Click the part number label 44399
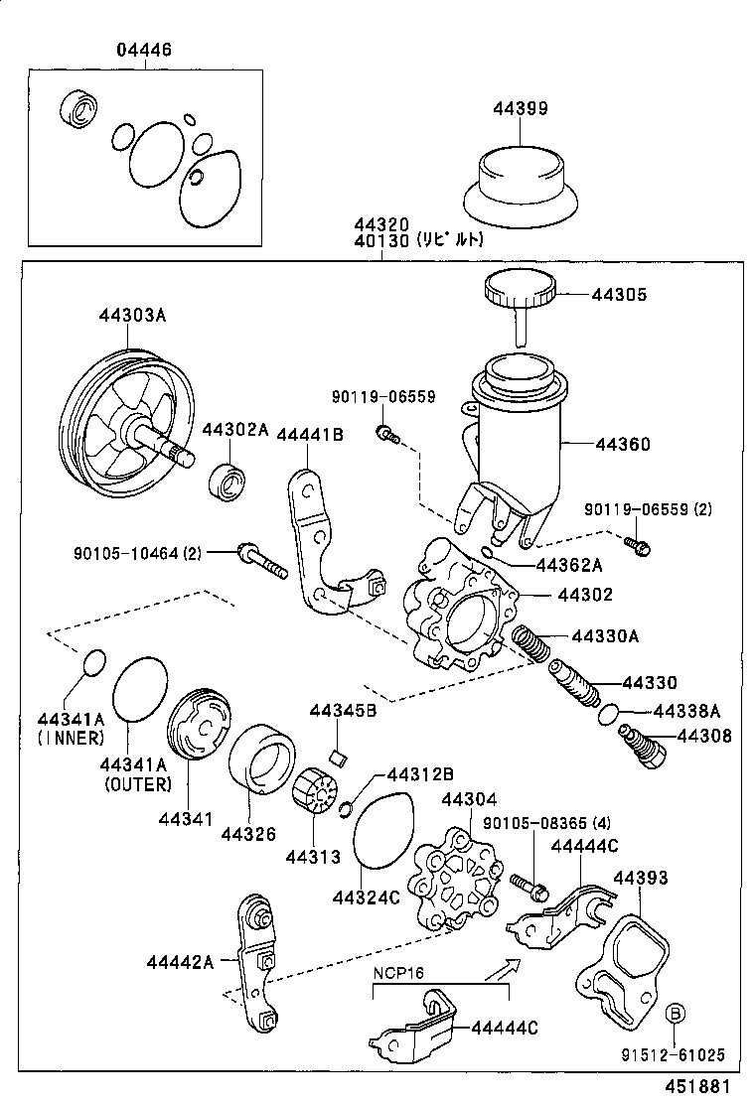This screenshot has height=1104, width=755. [x=520, y=108]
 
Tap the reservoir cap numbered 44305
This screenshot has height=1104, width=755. [x=519, y=290]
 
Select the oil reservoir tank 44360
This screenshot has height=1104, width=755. [x=520, y=437]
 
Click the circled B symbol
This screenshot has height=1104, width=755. [x=675, y=1013]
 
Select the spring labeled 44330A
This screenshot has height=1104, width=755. [x=531, y=647]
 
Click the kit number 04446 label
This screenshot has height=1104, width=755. [x=144, y=50]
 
